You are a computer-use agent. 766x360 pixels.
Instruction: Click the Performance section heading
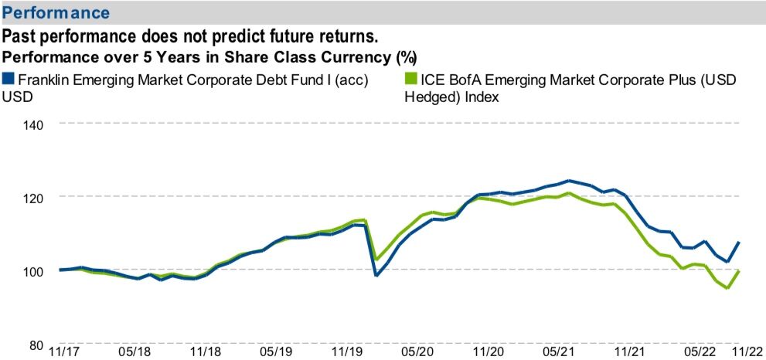tap(56, 13)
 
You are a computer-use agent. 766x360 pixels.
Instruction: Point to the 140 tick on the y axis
tap(32, 124)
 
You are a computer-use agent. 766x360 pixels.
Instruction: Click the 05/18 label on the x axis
tap(134, 352)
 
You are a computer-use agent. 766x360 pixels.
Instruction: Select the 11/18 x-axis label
tap(205, 352)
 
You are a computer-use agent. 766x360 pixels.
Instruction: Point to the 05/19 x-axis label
tap(275, 352)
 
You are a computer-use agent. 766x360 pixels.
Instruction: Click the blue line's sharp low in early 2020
tap(376, 275)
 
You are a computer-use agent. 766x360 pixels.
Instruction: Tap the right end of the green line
tap(740, 271)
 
